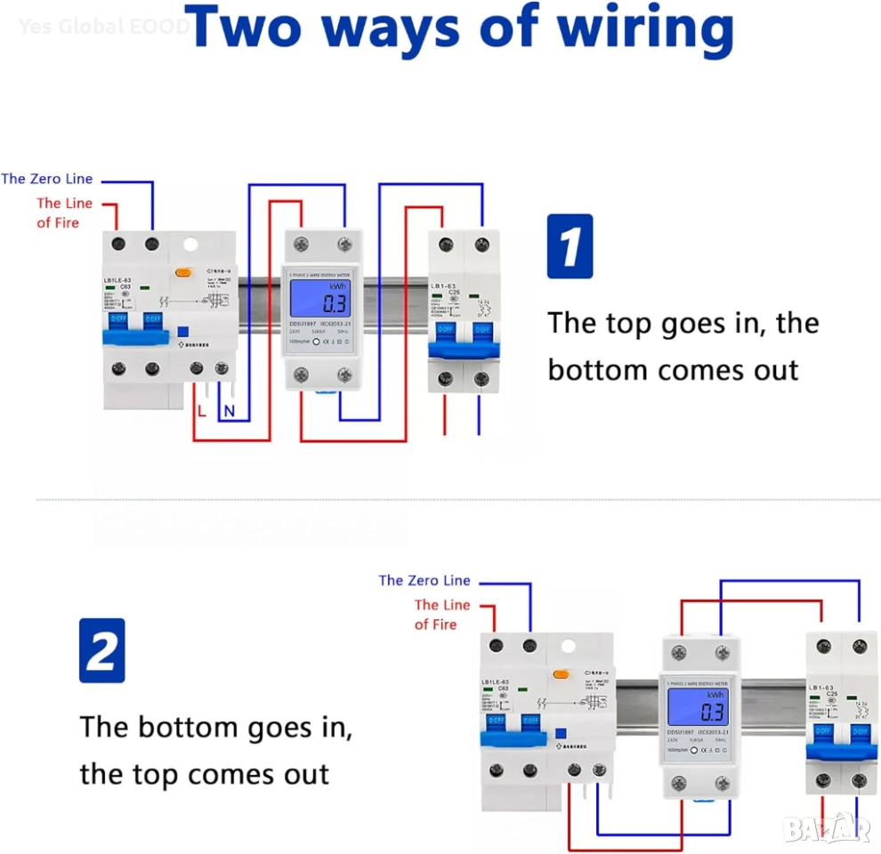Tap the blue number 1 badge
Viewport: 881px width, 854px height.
570,246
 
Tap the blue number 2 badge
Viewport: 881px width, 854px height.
101,650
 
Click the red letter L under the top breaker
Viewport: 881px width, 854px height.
202,410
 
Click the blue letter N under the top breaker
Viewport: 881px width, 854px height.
229,410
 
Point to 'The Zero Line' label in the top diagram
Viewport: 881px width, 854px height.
47,179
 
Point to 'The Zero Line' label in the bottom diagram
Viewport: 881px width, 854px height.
424,580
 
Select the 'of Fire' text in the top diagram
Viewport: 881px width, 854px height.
58,222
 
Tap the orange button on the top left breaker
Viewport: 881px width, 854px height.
184,273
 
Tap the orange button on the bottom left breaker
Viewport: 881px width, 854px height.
562,673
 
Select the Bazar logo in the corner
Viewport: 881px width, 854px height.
827,828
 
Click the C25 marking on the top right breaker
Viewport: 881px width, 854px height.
454,293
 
